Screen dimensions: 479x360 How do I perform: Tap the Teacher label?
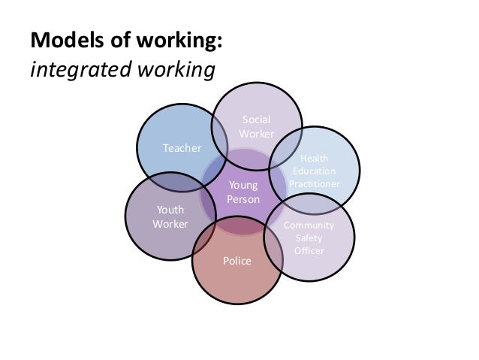(182, 149)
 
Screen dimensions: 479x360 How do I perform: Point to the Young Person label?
(243, 192)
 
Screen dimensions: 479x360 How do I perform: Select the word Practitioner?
(314, 183)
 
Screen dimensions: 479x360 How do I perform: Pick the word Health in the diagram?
(314, 158)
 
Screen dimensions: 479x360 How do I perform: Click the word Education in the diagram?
(314, 171)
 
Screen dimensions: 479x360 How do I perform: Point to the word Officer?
(309, 250)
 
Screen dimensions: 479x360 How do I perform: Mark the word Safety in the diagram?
(309, 238)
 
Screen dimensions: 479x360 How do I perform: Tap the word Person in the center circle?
(243, 200)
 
